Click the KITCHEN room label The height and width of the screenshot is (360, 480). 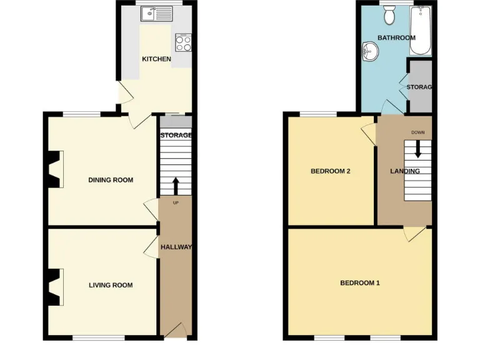click(x=156, y=59)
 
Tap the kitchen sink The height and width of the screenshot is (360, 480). click(x=156, y=12)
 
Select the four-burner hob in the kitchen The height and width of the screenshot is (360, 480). click(x=183, y=42)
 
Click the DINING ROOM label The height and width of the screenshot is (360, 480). click(x=111, y=180)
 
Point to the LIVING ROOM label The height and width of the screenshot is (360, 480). click(x=111, y=285)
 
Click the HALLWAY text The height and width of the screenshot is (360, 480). click(x=176, y=247)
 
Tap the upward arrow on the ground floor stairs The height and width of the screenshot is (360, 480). click(x=175, y=186)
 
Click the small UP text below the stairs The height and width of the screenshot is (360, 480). click(x=176, y=202)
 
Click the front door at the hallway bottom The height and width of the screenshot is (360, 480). click(x=177, y=329)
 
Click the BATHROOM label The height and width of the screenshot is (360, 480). click(x=396, y=37)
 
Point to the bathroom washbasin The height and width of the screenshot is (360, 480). click(x=370, y=52)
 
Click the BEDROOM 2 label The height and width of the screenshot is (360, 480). click(x=330, y=171)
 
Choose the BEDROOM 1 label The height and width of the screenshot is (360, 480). click(x=359, y=282)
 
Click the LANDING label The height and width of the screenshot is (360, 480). click(x=404, y=171)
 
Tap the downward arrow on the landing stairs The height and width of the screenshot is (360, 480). click(x=417, y=148)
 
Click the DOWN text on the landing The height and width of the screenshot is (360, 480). click(x=417, y=132)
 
